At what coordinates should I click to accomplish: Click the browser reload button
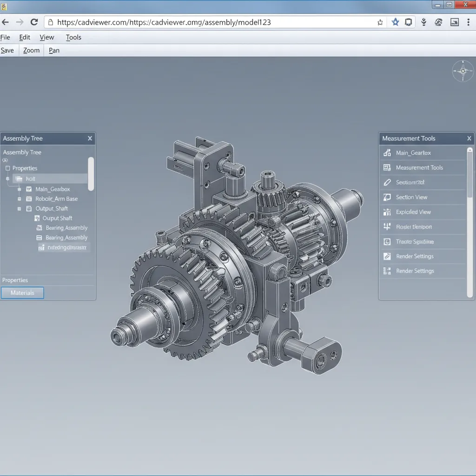click(x=34, y=22)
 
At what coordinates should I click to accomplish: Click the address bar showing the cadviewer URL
click(x=209, y=22)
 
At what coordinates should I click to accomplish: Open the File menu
click(x=5, y=37)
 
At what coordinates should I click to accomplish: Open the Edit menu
click(x=25, y=37)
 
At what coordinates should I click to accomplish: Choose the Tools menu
click(x=73, y=37)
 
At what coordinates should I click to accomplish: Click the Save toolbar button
click(x=7, y=50)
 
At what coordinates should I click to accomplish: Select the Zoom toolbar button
click(x=31, y=50)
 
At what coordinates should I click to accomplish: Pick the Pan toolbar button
click(x=54, y=50)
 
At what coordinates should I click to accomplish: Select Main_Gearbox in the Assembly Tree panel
click(x=53, y=189)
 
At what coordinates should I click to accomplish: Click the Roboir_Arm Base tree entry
click(x=56, y=199)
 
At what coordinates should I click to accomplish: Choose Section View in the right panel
click(x=411, y=197)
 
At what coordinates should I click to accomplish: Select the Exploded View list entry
click(x=413, y=212)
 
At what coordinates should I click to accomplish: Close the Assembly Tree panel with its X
click(x=90, y=139)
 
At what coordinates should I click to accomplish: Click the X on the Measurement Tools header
click(x=469, y=139)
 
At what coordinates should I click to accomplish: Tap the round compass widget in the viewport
click(x=463, y=71)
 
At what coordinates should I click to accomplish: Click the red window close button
click(x=463, y=5)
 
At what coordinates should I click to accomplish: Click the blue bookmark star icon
click(x=395, y=22)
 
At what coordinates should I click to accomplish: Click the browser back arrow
click(x=6, y=22)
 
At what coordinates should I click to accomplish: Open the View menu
click(x=47, y=37)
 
